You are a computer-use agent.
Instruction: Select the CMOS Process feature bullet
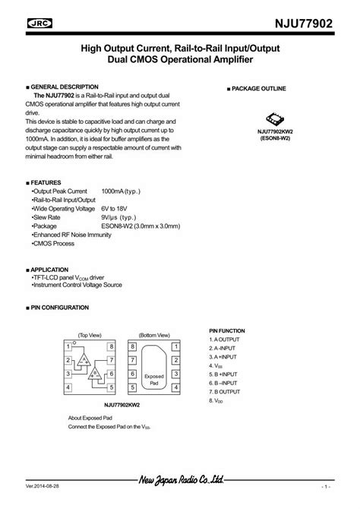(x=52, y=243)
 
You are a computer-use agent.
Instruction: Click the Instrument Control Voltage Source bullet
(x=88, y=286)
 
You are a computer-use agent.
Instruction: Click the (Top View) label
(x=90, y=335)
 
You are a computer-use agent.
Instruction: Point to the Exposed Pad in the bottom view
(x=154, y=378)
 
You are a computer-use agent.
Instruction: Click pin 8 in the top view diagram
(x=112, y=346)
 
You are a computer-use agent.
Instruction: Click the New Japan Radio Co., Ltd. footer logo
(x=180, y=480)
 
